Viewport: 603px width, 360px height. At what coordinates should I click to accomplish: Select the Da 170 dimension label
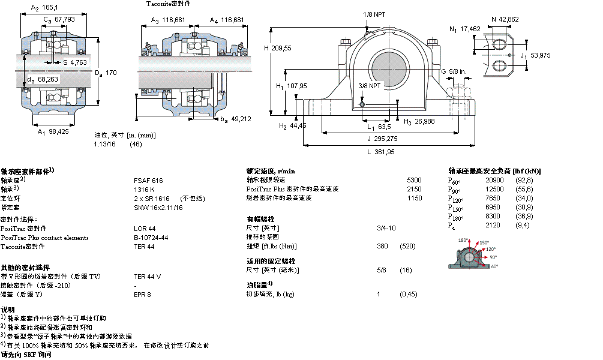106,73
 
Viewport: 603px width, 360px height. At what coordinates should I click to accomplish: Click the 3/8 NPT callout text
370,86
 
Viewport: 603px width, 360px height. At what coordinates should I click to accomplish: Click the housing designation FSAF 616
148,181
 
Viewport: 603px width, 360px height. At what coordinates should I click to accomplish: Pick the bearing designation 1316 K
144,190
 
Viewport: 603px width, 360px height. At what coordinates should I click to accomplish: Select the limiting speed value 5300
414,180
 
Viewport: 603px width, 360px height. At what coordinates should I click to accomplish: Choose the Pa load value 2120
492,225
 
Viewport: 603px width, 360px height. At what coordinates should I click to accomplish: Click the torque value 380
382,247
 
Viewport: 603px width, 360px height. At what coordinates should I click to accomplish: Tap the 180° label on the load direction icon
463,241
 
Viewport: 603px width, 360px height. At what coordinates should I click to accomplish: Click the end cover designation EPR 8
142,295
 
